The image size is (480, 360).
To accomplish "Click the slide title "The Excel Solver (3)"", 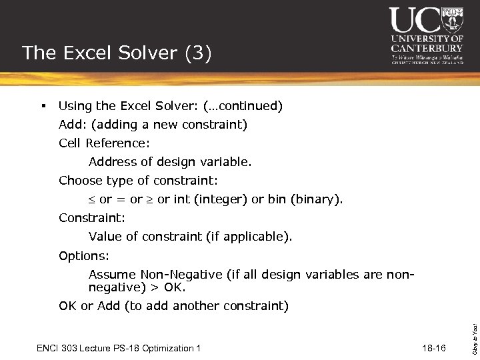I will pos(117,53).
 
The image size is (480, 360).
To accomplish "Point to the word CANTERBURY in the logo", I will pos(427,48).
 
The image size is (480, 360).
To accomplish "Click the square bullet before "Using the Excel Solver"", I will pos(43,106).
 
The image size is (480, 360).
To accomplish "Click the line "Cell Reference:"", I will pos(104,143).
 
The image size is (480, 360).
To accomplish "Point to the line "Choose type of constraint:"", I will pos(138,181).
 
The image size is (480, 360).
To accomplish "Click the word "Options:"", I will pos(84,256).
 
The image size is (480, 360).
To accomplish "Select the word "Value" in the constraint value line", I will pos(105,237).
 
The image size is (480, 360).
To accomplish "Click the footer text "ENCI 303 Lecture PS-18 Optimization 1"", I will pos(118,348).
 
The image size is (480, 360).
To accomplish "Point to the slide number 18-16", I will pos(434,348).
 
